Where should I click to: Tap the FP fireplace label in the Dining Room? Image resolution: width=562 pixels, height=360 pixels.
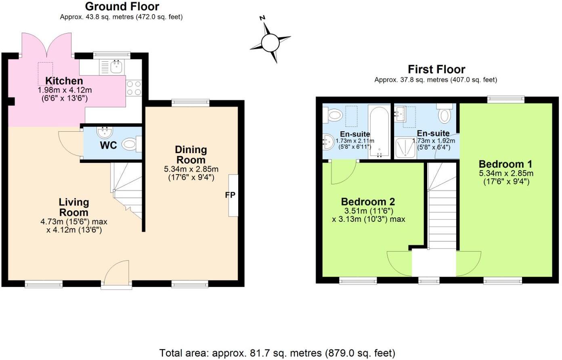pyautogui.click(x=230, y=195)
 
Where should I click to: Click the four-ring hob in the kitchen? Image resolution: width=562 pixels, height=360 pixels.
pyautogui.click(x=134, y=88)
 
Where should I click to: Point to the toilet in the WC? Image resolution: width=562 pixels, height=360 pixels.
pyautogui.click(x=130, y=144)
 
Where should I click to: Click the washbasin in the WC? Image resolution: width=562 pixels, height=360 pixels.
pyautogui.click(x=105, y=132)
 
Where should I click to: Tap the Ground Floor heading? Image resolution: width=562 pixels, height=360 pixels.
pyautogui.click(x=122, y=6)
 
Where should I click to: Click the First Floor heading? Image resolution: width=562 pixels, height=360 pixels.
pyautogui.click(x=436, y=69)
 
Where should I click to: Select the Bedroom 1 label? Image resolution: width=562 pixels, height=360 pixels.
pyautogui.click(x=505, y=164)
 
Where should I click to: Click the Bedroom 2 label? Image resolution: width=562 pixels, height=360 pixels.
pyautogui.click(x=368, y=202)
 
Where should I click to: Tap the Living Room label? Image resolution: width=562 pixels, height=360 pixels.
pyautogui.click(x=74, y=207)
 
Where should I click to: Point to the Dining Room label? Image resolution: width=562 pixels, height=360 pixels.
pyautogui.click(x=191, y=155)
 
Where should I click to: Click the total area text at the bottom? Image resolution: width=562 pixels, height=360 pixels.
pyautogui.click(x=277, y=353)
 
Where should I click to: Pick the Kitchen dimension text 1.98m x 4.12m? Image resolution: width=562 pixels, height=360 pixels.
pyautogui.click(x=65, y=90)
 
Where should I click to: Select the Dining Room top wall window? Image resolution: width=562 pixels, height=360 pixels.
pyautogui.click(x=191, y=103)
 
